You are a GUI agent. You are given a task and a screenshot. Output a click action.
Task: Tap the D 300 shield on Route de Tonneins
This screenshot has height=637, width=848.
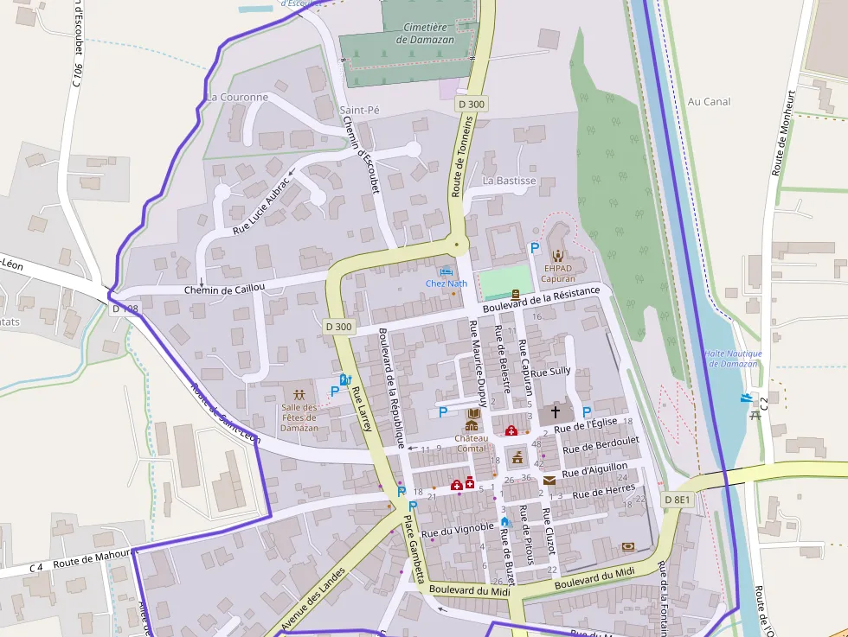(x=471, y=104)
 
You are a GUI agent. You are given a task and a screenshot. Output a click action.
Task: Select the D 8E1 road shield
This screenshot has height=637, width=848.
(x=678, y=500)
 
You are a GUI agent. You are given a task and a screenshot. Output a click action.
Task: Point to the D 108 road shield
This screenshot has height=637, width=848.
(x=125, y=309)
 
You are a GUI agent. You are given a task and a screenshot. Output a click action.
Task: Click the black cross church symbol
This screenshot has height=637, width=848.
(x=556, y=413)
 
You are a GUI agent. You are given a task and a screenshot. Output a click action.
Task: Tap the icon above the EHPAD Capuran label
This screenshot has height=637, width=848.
(x=558, y=255)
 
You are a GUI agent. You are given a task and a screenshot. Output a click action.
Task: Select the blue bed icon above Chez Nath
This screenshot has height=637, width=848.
(x=446, y=271)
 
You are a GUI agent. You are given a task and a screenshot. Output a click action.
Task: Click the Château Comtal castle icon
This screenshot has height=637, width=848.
(x=472, y=424)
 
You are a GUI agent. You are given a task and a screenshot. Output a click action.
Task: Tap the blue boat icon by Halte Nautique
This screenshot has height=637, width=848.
(x=746, y=398)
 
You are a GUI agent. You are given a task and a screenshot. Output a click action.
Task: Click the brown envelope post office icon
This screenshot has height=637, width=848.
(x=549, y=480)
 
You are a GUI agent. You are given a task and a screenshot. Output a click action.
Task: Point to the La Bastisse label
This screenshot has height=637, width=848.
(x=510, y=181)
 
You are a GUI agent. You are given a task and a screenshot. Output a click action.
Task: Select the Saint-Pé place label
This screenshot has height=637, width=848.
(x=359, y=111)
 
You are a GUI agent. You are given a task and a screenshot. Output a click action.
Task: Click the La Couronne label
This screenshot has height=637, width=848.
(x=238, y=98)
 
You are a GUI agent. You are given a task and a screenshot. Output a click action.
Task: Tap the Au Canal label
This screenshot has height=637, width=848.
(x=709, y=101)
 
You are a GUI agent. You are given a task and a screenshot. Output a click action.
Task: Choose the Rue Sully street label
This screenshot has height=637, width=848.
(x=551, y=372)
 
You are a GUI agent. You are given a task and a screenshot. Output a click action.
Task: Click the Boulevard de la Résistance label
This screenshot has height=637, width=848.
(x=542, y=300)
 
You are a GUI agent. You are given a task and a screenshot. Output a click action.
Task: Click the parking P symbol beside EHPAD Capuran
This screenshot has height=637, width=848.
(x=534, y=248)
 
